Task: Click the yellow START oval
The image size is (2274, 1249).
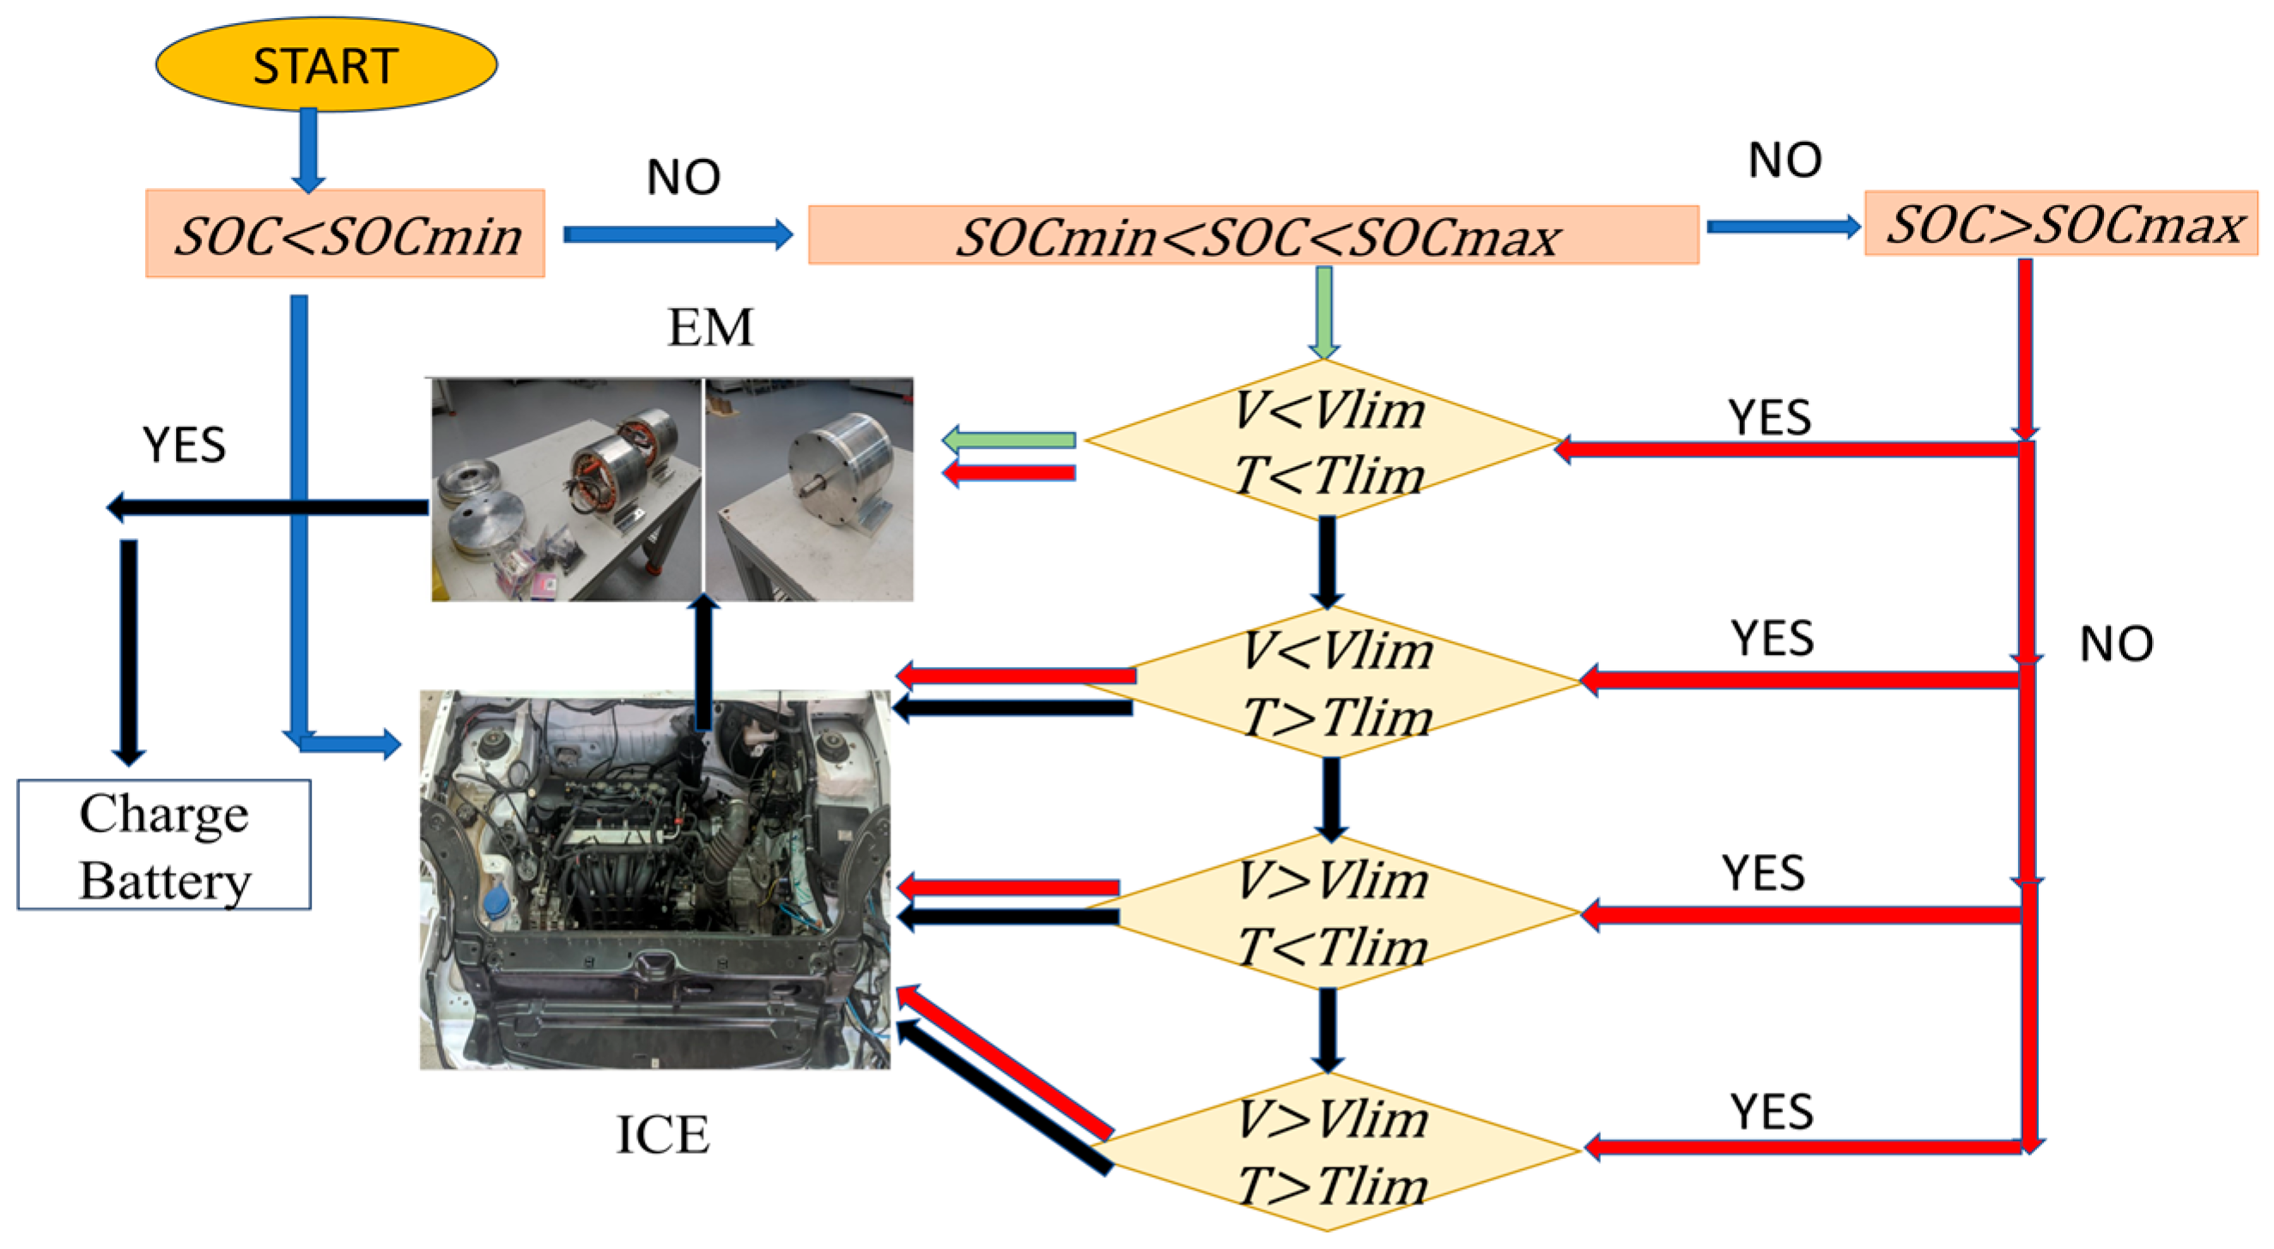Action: coord(325,64)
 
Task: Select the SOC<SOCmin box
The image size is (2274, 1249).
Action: coord(345,233)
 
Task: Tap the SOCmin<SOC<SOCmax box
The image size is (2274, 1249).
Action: coord(1254,236)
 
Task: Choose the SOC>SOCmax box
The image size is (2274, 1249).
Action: coord(2060,223)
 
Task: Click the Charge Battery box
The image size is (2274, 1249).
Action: coord(164,845)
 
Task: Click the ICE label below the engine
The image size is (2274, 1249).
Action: coord(662,1134)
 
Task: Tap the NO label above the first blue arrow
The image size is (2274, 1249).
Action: coord(684,178)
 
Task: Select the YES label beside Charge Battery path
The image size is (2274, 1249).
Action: coord(184,444)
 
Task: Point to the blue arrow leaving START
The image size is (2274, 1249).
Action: coord(308,149)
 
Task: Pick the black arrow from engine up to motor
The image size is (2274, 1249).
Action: coord(703,662)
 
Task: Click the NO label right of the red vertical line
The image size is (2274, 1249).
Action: coord(2116,644)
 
